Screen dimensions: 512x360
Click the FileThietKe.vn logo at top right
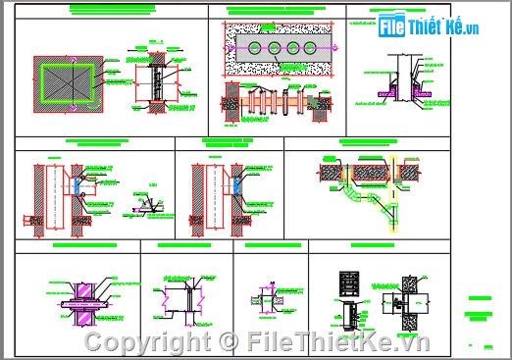click(x=430, y=26)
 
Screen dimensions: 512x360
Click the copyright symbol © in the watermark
click(x=228, y=342)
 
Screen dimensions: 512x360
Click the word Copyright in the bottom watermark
click(x=146, y=342)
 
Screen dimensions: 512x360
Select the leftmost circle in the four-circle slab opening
click(x=255, y=47)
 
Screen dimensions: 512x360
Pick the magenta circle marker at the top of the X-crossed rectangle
click(x=67, y=53)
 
